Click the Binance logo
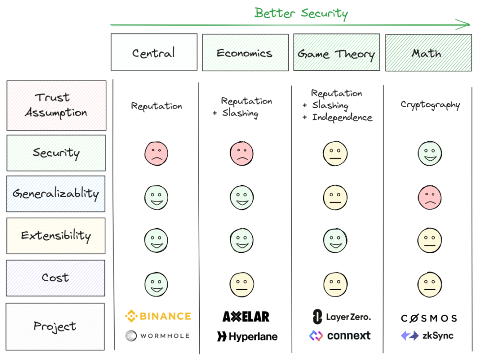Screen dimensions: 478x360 tap(158, 316)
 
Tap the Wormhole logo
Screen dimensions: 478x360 tap(157, 335)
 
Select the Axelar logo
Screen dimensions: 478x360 tap(246, 317)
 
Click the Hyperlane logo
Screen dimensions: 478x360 tap(247, 336)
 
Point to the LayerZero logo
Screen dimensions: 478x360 tap(342, 317)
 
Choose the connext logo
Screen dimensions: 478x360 tap(340, 335)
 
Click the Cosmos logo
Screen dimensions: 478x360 tap(429, 319)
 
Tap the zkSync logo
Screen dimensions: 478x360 tap(427, 335)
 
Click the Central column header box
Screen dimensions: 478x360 tap(154, 52)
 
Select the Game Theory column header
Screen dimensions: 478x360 tap(336, 53)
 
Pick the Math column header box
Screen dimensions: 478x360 tap(428, 53)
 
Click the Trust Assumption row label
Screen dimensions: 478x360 tap(57, 105)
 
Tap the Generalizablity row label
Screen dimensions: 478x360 tap(56, 194)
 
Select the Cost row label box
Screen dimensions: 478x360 tap(56, 278)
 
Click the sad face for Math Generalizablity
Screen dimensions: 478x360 tap(429, 198)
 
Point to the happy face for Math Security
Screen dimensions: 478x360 tap(429, 153)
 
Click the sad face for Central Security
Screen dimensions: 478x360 tap(156, 153)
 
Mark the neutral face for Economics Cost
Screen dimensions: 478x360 tap(242, 285)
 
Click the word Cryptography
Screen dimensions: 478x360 tap(430, 105)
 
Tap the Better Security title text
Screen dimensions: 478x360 tap(301, 13)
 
